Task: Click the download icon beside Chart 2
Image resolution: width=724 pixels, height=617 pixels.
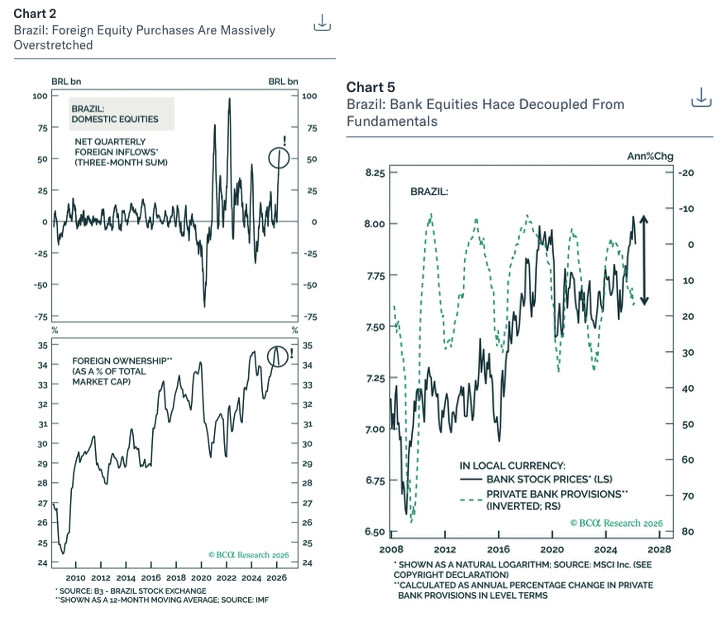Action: pyautogui.click(x=322, y=22)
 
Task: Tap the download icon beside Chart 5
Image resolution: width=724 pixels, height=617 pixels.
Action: pyautogui.click(x=702, y=97)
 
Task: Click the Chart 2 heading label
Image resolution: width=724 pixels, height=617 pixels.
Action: pyautogui.click(x=35, y=13)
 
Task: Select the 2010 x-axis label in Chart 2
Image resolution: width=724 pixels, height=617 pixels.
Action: pyautogui.click(x=75, y=578)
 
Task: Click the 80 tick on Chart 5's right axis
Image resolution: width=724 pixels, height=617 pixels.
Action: pyautogui.click(x=685, y=531)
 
